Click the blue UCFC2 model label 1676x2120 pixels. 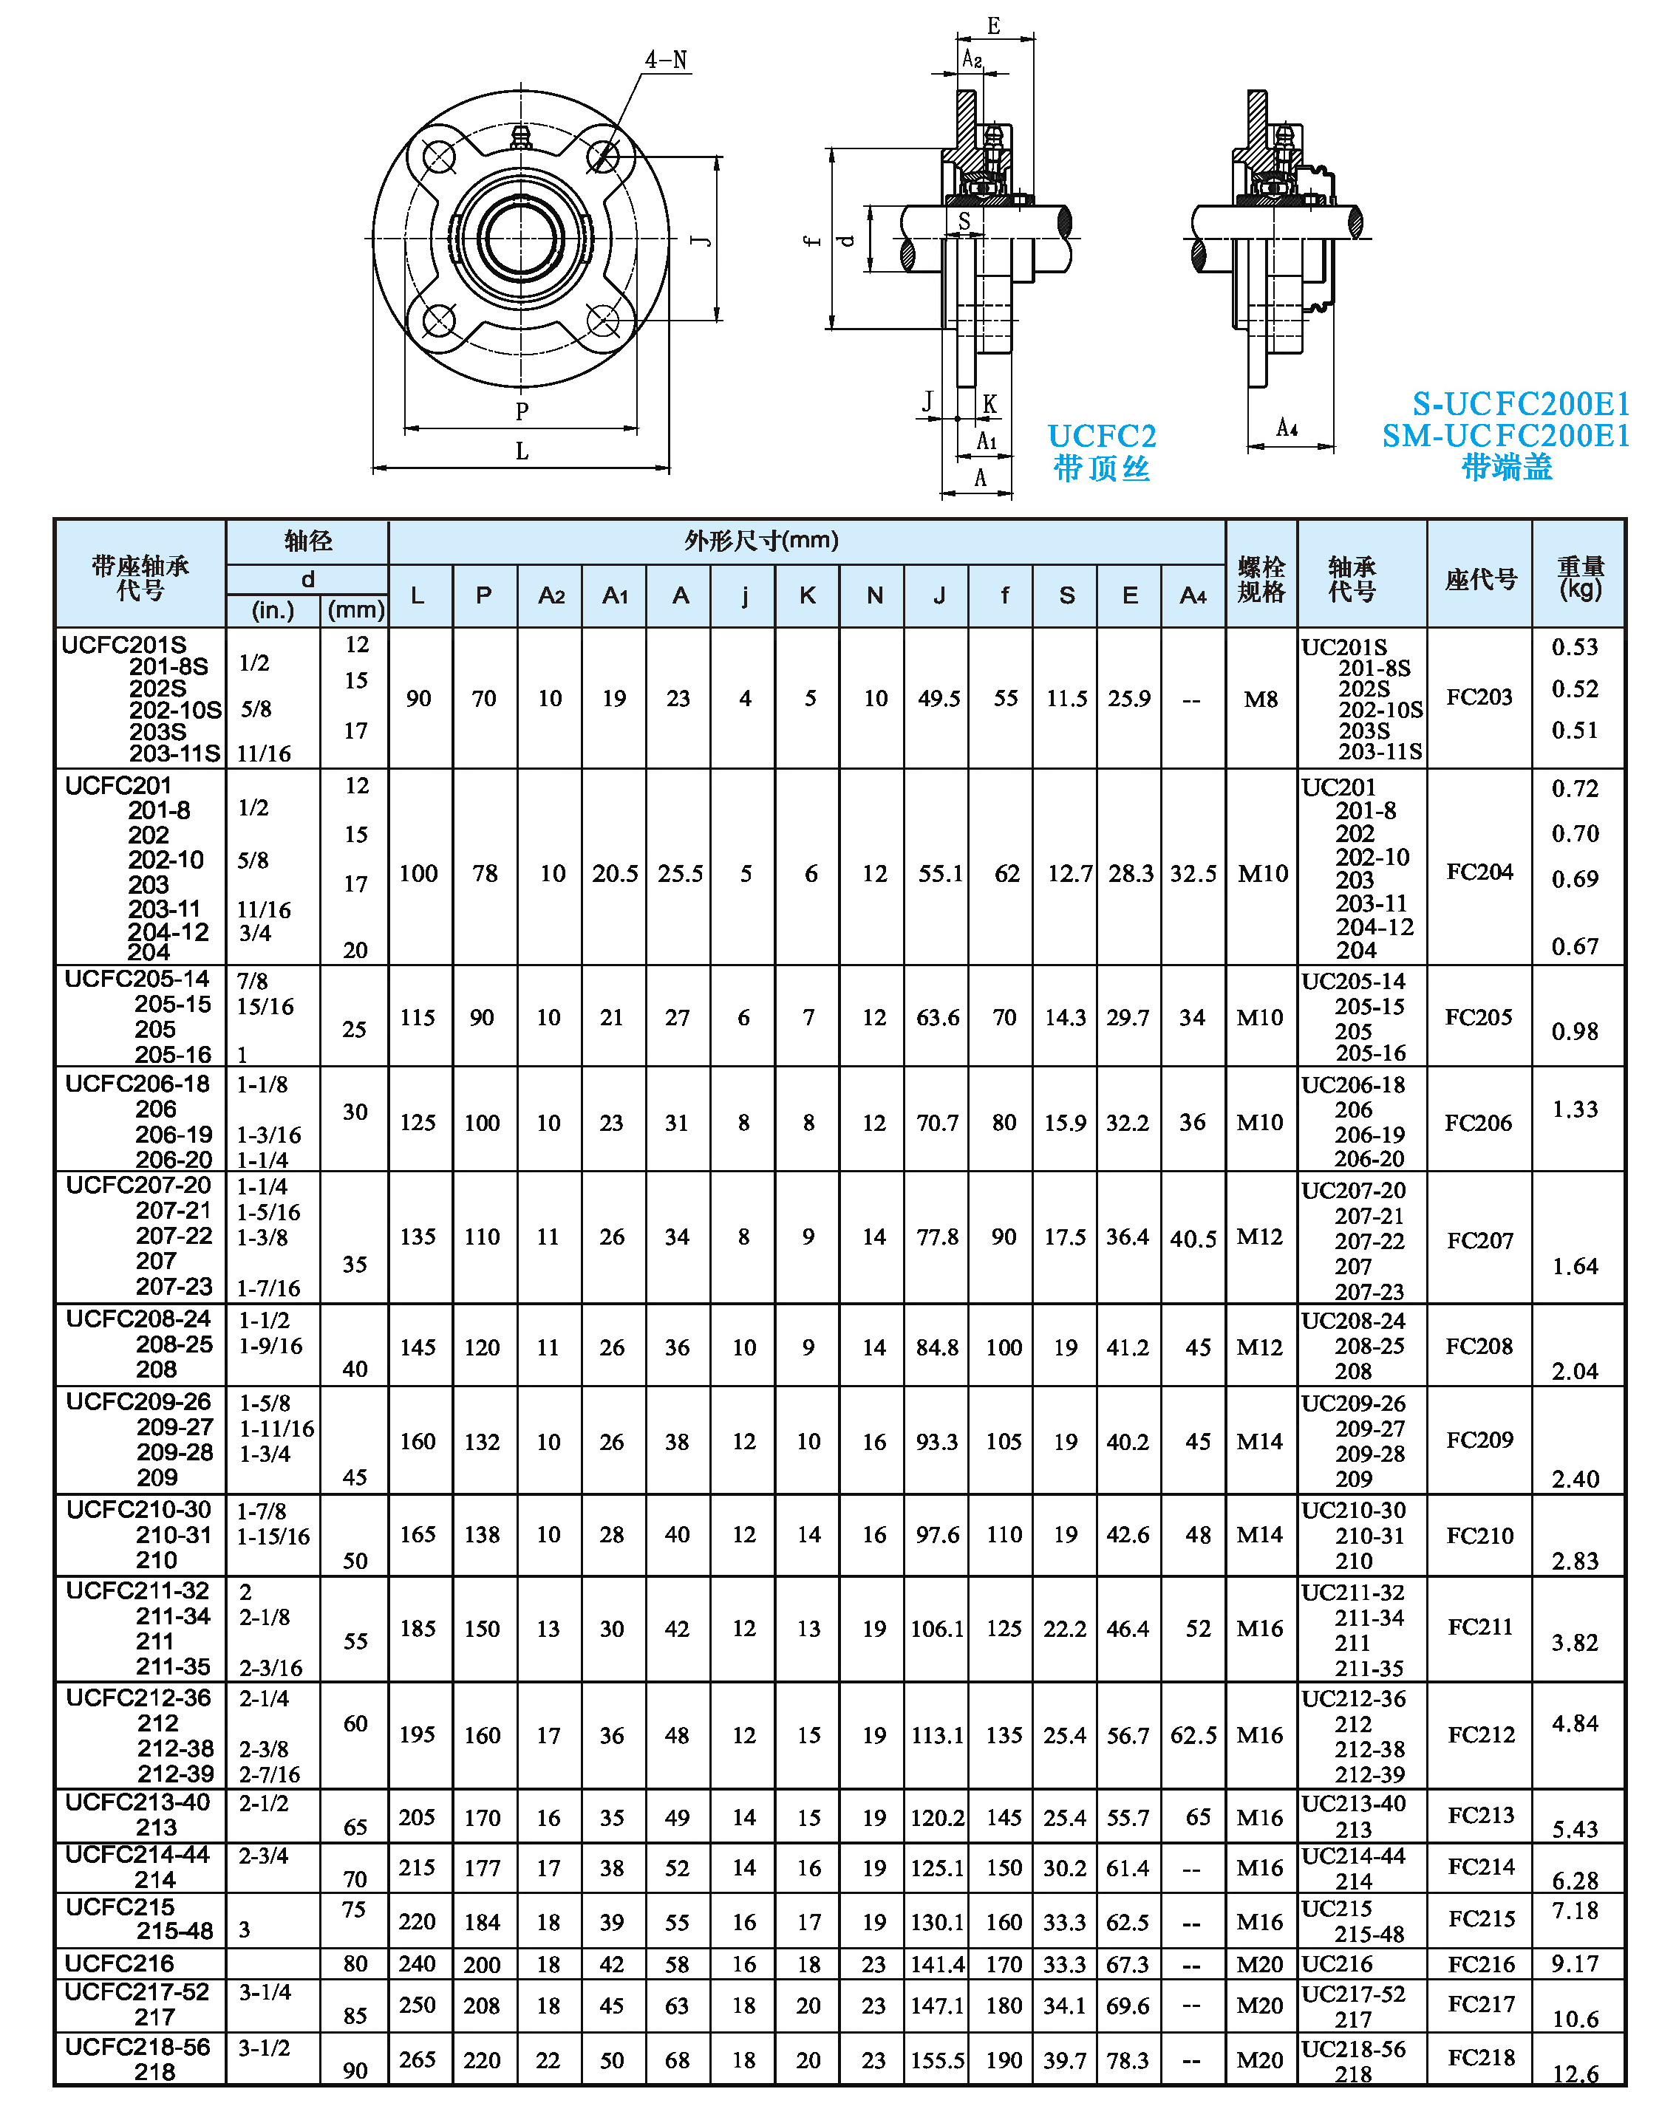tap(1101, 436)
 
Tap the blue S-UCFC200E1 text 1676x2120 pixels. tap(1520, 403)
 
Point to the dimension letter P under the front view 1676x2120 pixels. tap(522, 411)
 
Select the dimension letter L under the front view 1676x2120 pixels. tap(522, 451)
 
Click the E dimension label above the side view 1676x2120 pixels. tap(994, 27)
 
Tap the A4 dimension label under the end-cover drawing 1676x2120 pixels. tap(1287, 428)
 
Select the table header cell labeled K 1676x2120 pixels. tap(808, 595)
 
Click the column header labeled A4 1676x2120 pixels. tap(1192, 595)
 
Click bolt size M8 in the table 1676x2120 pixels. tap(1261, 700)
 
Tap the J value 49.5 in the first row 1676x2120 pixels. tap(939, 699)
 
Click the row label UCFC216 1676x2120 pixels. tap(120, 1963)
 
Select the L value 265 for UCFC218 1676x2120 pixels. tap(417, 2059)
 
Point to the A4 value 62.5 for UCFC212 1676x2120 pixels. tap(1193, 1735)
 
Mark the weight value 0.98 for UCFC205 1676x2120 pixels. tap(1574, 1031)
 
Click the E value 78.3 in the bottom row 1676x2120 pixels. tap(1128, 2060)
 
